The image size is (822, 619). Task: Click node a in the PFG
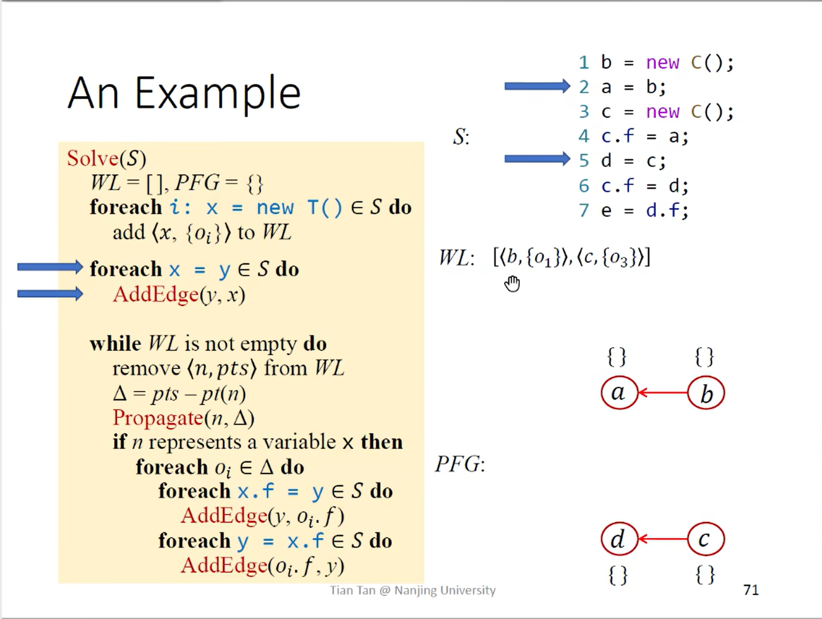tap(619, 393)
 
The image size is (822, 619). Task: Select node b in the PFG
tap(706, 393)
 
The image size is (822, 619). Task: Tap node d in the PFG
tap(619, 539)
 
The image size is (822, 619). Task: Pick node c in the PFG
tap(706, 539)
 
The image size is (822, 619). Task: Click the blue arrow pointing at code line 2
tap(537, 87)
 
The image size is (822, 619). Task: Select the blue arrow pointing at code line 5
tap(537, 159)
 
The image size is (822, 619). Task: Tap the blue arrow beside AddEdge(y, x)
tap(50, 294)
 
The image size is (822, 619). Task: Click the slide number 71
tap(751, 590)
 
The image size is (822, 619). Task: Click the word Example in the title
tap(217, 93)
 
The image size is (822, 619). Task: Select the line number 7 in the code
tap(584, 210)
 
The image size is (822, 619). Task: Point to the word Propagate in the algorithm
tap(158, 418)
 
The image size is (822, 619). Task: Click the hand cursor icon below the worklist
tap(512, 283)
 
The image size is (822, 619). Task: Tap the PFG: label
tap(460, 464)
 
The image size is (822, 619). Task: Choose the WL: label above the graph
tap(457, 258)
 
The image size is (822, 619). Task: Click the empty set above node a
tap(617, 357)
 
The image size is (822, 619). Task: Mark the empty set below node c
tap(705, 574)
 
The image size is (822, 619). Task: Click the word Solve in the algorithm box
tap(92, 158)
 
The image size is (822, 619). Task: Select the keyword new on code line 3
tap(663, 111)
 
